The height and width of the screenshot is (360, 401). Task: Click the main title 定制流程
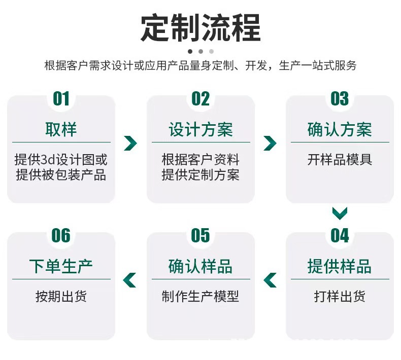tap(201, 28)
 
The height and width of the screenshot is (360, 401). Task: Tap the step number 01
tap(61, 98)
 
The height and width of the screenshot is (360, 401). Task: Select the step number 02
tap(201, 98)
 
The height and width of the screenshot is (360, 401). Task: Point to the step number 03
tap(340, 98)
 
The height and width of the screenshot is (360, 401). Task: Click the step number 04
tap(340, 235)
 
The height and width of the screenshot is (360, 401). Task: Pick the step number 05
tap(201, 235)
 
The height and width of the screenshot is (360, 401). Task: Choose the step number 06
tap(61, 235)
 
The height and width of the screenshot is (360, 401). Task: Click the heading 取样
tap(61, 130)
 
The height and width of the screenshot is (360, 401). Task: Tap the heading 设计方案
tap(201, 130)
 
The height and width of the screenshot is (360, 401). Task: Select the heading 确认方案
tap(340, 130)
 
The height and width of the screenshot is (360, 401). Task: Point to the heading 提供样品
tap(340, 267)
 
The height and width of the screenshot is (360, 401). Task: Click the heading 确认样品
tap(201, 267)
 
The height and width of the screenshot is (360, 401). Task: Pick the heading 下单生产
tap(61, 267)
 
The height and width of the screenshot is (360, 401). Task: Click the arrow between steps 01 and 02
tap(130, 143)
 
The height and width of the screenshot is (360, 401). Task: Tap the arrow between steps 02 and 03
tap(270, 143)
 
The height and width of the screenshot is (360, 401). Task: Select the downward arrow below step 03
tap(340, 213)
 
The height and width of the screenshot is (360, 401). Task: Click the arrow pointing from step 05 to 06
tap(130, 279)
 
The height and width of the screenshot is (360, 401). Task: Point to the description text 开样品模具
tap(340, 160)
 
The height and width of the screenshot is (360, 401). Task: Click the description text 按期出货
tap(61, 297)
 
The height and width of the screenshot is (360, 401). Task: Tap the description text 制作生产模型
tap(201, 297)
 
